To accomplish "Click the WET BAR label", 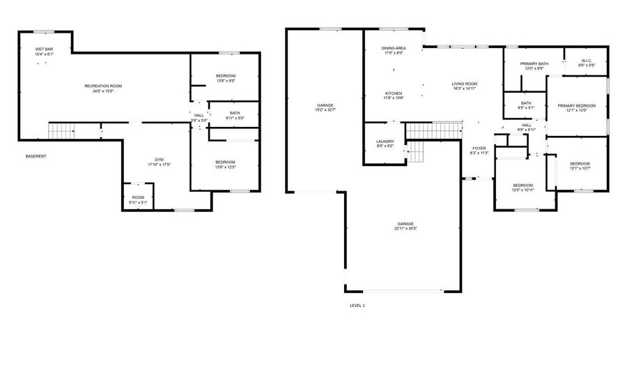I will tap(43, 49).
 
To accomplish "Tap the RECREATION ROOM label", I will tap(103, 86).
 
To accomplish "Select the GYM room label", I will tap(159, 159).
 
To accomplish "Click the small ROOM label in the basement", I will tap(138, 197).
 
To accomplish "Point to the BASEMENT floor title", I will tap(36, 156).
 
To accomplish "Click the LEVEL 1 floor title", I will tap(357, 306).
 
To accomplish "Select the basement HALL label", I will tap(199, 115).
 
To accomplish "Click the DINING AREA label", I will tap(394, 48).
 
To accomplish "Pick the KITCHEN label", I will tap(394, 93).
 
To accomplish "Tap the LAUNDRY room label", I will tap(385, 142).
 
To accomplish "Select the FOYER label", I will tap(479, 148).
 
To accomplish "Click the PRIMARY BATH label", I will tap(534, 64).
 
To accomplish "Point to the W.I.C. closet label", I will tap(586, 60).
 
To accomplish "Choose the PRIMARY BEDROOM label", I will tap(576, 105).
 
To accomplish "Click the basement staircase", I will tap(61, 130).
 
